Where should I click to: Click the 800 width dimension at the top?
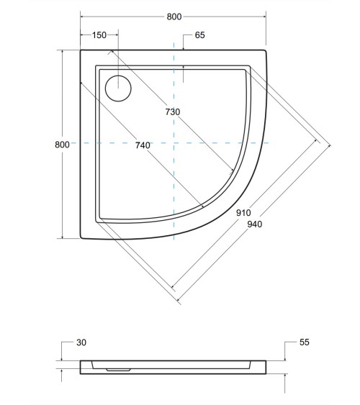tap(174, 17)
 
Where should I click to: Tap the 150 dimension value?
tap(99, 35)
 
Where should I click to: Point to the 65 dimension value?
tap(200, 35)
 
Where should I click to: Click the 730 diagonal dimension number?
tap(172, 112)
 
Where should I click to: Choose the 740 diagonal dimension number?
tap(142, 145)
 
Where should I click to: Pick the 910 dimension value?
tap(242, 212)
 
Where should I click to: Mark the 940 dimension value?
tap(254, 224)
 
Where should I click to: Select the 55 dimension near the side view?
tap(303, 343)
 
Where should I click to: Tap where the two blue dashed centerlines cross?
tap(174, 144)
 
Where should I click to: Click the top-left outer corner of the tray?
tap(80, 50)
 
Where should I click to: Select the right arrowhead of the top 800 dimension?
tap(266, 16)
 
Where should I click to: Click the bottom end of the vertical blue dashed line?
tap(174, 242)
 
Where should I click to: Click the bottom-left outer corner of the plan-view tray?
tap(80, 238)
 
